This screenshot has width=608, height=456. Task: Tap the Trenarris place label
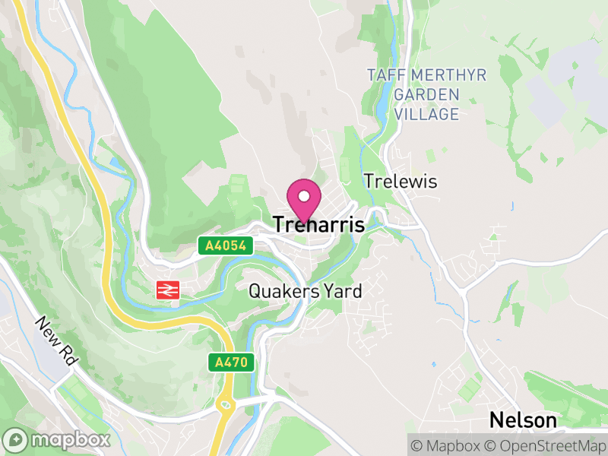[x=318, y=225]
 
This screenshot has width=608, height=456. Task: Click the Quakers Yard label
[x=306, y=291]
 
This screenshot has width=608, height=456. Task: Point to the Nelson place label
[x=523, y=420]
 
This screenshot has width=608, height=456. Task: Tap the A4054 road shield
[x=221, y=245]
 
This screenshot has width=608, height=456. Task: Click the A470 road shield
[x=232, y=363]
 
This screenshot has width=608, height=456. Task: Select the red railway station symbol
[x=167, y=290]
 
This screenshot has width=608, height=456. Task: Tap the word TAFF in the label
[x=384, y=75]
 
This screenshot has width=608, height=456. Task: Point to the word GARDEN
[x=427, y=95]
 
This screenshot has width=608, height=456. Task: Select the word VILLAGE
[x=427, y=115]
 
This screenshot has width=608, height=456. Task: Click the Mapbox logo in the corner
[x=57, y=440]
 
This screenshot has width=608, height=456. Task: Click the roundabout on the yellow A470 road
[x=226, y=404]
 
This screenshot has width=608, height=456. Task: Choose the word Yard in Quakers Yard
[x=343, y=291]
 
